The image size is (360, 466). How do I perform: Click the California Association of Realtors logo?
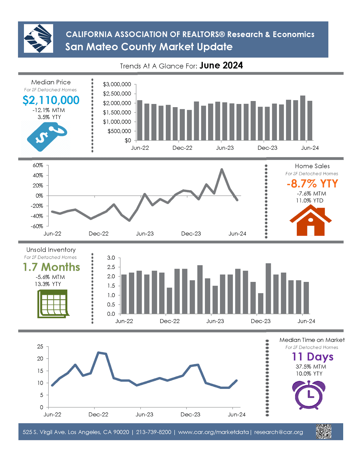click(38, 38)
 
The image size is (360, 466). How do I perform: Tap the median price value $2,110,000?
click(51, 100)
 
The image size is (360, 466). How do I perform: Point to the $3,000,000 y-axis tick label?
click(117, 84)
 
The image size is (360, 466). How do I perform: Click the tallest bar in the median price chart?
click(303, 118)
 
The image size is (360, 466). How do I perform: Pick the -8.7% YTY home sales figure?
click(312, 183)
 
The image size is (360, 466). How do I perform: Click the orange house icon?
click(311, 220)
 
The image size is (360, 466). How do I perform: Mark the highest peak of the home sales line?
click(222, 169)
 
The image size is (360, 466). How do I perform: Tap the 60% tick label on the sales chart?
click(38, 165)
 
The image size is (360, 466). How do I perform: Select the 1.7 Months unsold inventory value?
click(52, 267)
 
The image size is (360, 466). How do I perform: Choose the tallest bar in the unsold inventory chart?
click(268, 288)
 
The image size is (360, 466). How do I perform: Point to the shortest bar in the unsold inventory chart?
click(261, 303)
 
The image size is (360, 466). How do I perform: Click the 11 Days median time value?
click(313, 357)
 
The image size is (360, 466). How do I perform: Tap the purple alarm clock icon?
click(309, 395)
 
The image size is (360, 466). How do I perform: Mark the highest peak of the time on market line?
click(99, 352)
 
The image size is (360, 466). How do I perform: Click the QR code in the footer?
click(324, 431)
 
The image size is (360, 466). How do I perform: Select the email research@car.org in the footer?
click(279, 432)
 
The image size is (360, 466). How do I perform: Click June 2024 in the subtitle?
click(221, 66)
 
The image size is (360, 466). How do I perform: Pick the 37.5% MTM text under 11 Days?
click(311, 367)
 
